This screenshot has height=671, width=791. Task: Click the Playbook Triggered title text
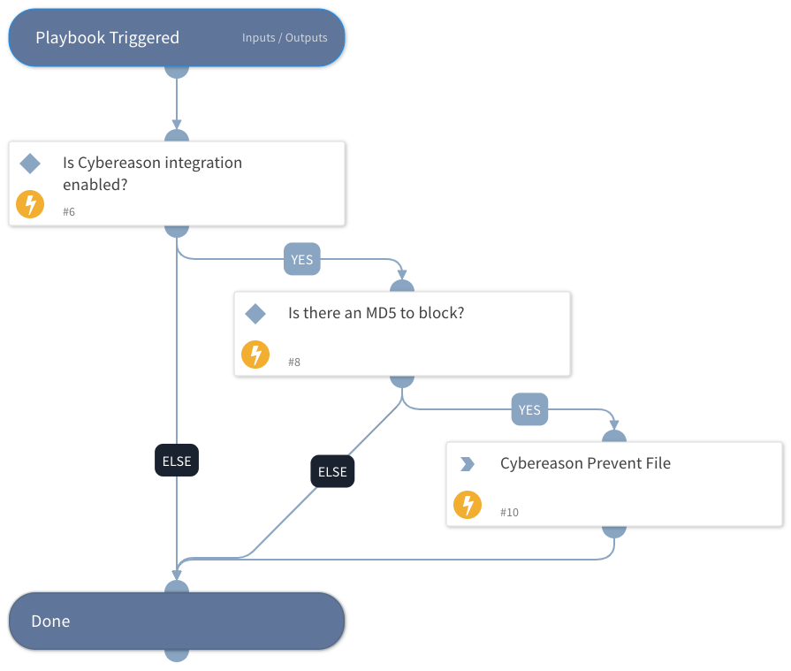pos(107,38)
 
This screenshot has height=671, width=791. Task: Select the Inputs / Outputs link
pos(285,38)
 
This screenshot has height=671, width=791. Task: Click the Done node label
pos(50,621)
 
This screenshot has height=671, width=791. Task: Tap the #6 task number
pos(69,212)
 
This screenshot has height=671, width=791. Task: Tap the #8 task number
pos(294,362)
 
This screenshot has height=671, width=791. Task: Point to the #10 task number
pos(509,513)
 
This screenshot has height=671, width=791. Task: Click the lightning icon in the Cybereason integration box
pos(30,205)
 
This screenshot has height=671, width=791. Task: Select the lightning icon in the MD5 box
pos(255,355)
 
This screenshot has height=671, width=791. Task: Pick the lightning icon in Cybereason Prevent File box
pos(468,506)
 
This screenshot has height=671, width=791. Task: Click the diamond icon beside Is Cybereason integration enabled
pos(30,164)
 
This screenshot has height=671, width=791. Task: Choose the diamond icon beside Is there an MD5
pos(255,314)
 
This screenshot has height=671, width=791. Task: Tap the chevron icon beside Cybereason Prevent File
pos(468,464)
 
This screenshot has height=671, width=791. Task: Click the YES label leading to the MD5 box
pos(302,260)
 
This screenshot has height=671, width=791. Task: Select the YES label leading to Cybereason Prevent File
pos(529,410)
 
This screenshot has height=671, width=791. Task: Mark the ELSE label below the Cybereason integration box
pos(177,461)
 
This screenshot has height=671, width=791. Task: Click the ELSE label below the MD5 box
pos(332,472)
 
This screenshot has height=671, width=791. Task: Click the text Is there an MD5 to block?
pos(376,313)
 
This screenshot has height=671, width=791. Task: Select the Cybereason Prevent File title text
pos(585,463)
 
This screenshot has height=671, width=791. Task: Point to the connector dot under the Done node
pos(177,654)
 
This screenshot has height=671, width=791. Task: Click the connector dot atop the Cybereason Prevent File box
pos(613,437)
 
